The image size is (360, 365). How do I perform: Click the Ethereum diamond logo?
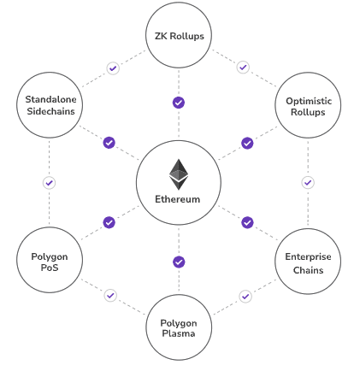pyautogui.click(x=179, y=174)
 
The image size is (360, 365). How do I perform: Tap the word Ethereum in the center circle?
pyautogui.click(x=178, y=199)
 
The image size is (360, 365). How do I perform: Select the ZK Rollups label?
pyautogui.click(x=180, y=36)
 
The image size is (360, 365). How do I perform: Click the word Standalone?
pyautogui.click(x=50, y=99)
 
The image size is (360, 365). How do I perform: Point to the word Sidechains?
pyautogui.click(x=50, y=111)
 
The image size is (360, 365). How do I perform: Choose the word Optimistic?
pyautogui.click(x=309, y=101)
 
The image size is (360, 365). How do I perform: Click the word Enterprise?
pyautogui.click(x=308, y=256)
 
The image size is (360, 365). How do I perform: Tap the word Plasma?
pyautogui.click(x=179, y=333)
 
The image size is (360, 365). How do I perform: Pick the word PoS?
pyautogui.click(x=50, y=268)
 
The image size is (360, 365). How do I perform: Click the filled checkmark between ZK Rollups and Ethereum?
pyautogui.click(x=179, y=103)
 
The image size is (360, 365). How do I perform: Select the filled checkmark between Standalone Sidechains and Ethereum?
pyautogui.click(x=109, y=143)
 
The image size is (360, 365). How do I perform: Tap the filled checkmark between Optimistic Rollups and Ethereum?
pyautogui.click(x=247, y=143)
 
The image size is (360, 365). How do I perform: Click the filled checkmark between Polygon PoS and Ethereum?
pyautogui.click(x=109, y=222)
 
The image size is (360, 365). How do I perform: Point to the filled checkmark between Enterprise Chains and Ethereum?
pyautogui.click(x=247, y=222)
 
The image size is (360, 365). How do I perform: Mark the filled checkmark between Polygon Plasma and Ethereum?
pyautogui.click(x=179, y=262)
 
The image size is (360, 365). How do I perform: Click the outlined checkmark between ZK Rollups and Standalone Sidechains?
pyautogui.click(x=113, y=68)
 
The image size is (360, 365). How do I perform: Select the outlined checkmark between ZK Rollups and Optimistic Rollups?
pyautogui.click(x=243, y=68)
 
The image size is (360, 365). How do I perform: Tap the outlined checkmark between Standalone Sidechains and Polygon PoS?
pyautogui.click(x=49, y=183)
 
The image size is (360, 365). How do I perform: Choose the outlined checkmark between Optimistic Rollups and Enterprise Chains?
pyautogui.click(x=308, y=183)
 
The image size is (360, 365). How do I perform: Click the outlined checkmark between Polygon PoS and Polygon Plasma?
pyautogui.click(x=110, y=296)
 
